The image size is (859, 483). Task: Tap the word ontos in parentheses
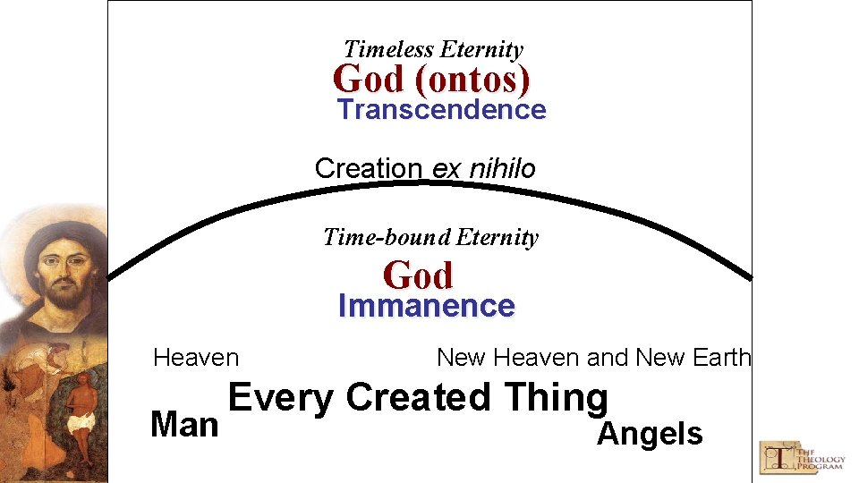[472, 80]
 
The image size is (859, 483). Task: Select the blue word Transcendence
[442, 110]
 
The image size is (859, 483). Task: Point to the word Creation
[369, 168]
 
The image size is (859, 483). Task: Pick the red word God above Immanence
[418, 275]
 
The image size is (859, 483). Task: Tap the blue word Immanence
[426, 307]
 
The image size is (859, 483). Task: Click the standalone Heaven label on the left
[196, 359]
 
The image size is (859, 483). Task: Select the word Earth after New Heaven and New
[722, 358]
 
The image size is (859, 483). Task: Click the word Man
[184, 425]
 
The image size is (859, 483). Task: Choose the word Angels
[650, 434]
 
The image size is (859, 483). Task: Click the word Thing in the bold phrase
[556, 398]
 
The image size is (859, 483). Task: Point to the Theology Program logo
[802, 456]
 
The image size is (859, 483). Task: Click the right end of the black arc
[748, 276]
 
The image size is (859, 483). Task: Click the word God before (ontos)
[369, 80]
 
